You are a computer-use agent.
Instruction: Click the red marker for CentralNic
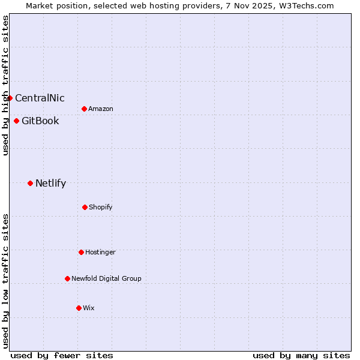point(10,98)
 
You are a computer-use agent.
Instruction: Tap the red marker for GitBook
point(16,121)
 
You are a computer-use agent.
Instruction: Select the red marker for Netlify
point(30,183)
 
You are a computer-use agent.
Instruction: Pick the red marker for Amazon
point(84,109)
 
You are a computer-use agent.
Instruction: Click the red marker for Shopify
point(85,207)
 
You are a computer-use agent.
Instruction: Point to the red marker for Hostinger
point(81,252)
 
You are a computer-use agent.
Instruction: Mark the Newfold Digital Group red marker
point(67,278)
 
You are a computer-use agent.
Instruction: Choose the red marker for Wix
point(79,308)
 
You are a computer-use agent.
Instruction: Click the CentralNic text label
point(40,98)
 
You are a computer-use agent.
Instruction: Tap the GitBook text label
point(40,121)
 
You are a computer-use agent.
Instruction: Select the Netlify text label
point(50,183)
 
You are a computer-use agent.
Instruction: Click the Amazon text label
point(100,109)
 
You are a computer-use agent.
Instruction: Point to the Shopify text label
point(100,207)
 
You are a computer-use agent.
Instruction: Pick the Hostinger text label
point(100,252)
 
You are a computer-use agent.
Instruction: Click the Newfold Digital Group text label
point(106,278)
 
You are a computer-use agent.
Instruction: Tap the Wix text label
point(89,308)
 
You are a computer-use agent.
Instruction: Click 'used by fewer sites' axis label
point(62,355)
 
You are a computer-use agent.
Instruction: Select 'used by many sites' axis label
point(301,355)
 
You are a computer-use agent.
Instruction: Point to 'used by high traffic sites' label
point(5,85)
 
